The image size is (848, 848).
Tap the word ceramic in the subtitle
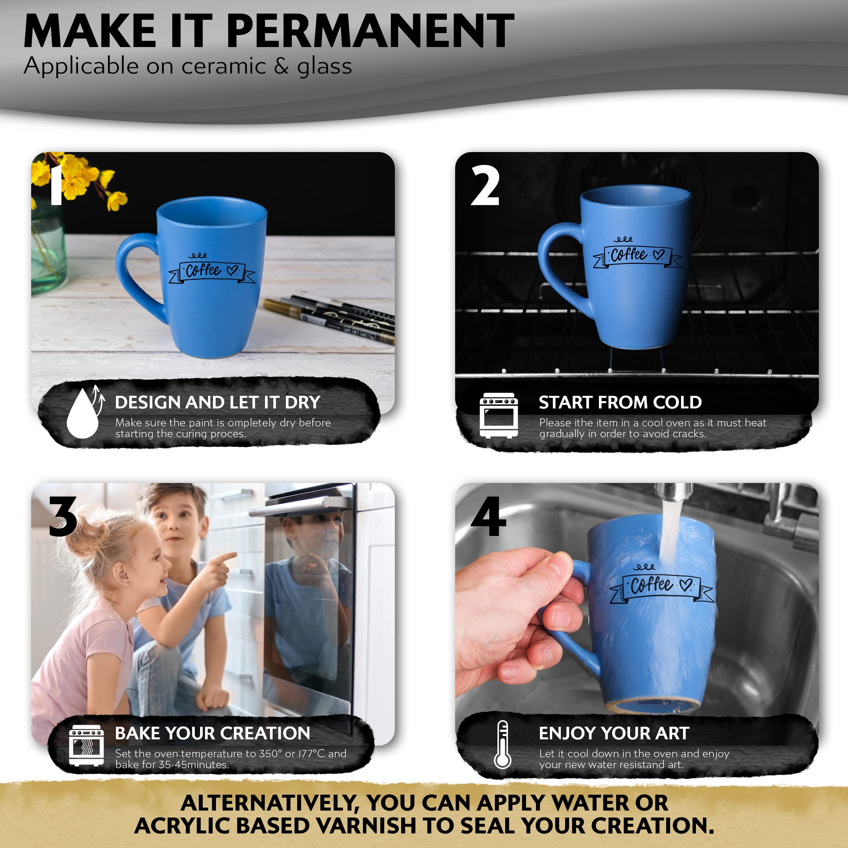(x=224, y=66)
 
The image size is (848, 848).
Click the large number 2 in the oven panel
(x=485, y=185)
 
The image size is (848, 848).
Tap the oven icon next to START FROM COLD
(x=499, y=415)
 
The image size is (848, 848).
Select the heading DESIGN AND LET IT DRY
(x=217, y=402)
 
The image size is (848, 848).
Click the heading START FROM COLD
(x=620, y=402)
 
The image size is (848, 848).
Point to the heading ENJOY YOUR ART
(x=614, y=733)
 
